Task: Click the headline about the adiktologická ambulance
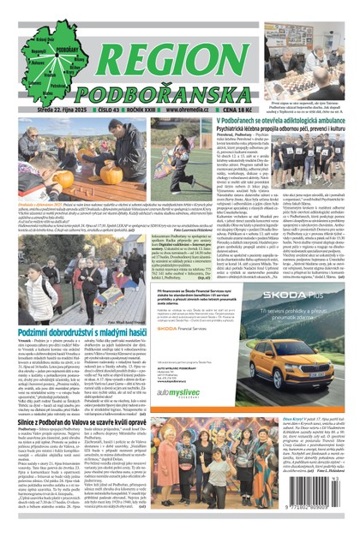pyautogui.click(x=272, y=123)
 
